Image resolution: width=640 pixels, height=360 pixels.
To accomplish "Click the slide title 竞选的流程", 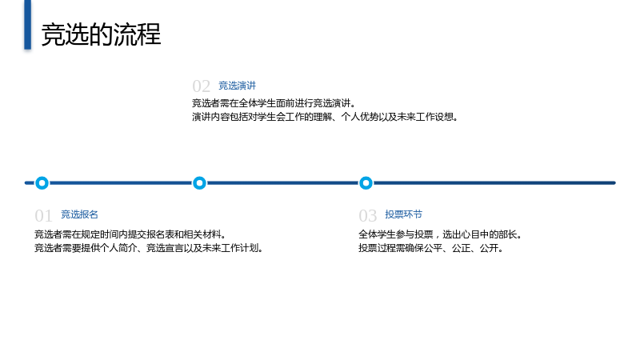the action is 102,34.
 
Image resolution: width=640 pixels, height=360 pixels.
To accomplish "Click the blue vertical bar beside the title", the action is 27,25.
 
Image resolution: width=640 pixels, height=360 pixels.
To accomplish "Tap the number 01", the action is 43,216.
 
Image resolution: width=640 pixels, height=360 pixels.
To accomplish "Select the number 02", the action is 201,86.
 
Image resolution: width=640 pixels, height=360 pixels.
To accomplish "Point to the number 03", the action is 367,216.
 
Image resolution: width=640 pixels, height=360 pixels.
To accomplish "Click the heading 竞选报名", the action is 79,214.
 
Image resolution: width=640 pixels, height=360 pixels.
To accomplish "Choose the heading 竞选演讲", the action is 237,86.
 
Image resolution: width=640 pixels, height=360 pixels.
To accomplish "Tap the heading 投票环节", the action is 403,214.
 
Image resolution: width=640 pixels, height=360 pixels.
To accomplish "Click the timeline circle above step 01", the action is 42,178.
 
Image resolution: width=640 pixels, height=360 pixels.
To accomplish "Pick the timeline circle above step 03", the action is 366,178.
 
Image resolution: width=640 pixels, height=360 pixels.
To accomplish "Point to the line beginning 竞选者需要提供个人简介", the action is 149,248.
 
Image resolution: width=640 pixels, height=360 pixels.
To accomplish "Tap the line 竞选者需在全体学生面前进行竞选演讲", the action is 274,103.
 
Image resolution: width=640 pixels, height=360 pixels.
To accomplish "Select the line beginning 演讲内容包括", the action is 326,117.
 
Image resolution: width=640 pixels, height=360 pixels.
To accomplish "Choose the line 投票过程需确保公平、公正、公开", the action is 431,248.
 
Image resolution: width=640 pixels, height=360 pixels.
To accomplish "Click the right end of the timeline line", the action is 614,183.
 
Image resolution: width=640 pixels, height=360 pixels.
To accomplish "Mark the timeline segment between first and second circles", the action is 121,183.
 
